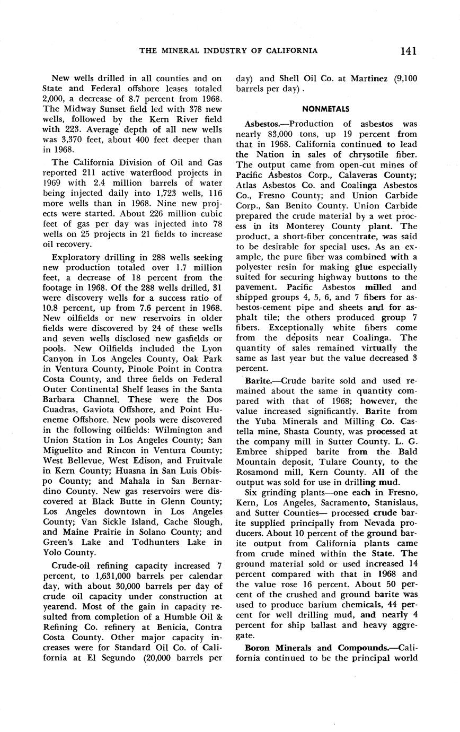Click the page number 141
pyautogui.click(x=408, y=51)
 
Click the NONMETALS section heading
pyautogui.click(x=326, y=109)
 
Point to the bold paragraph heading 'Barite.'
pyautogui.click(x=258, y=381)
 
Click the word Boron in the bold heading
pyautogui.click(x=257, y=648)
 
